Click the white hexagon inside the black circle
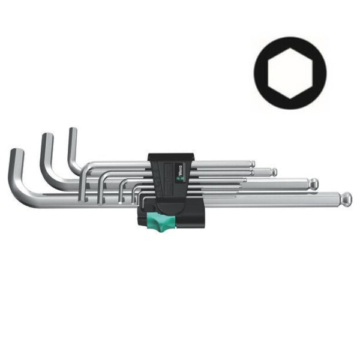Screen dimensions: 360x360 coord(290,70)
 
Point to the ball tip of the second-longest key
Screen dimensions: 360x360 coord(313,182)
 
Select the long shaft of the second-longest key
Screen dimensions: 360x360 coord(252,183)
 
